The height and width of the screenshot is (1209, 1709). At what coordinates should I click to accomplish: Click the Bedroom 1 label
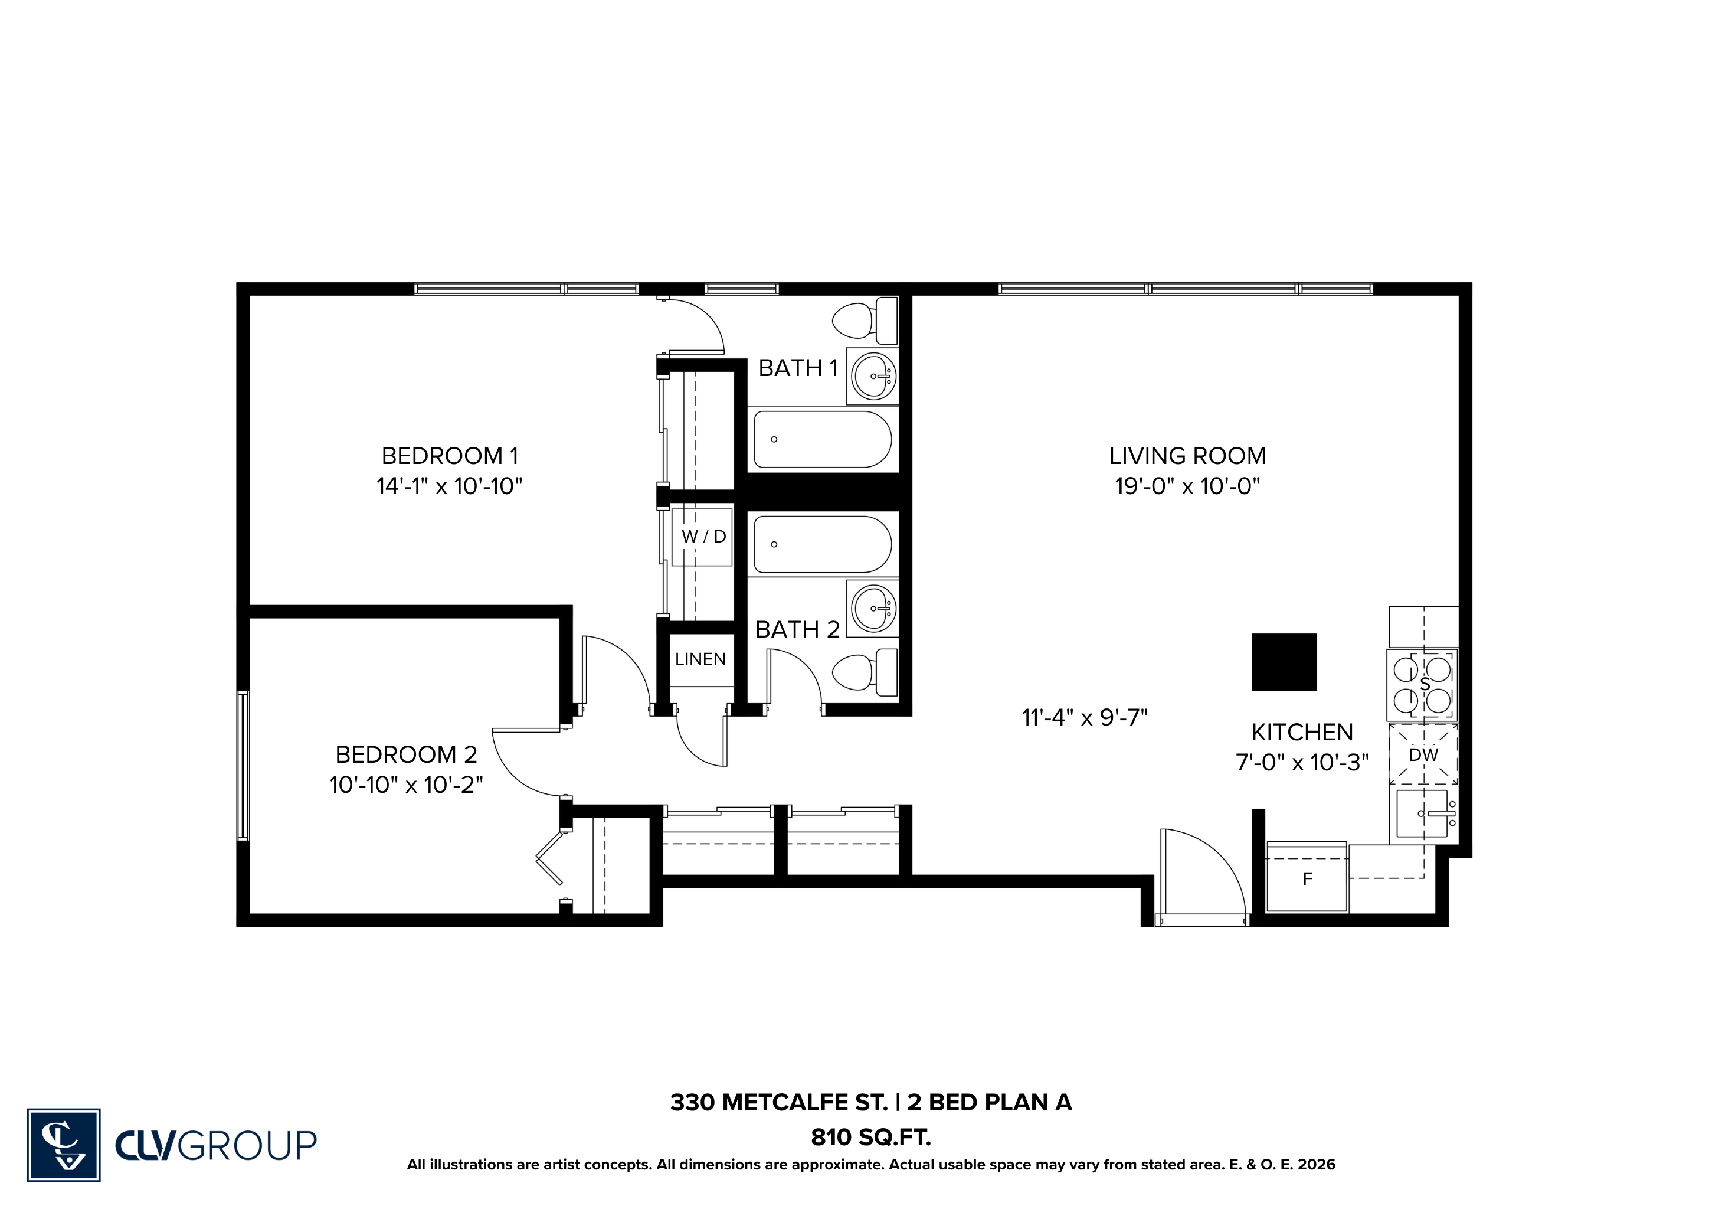click(450, 456)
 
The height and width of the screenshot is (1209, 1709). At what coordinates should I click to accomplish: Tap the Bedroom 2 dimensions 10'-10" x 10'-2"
click(407, 785)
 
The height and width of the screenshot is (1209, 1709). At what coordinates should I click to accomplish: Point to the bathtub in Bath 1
click(823, 439)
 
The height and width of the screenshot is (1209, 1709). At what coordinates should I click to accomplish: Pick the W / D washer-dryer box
click(702, 537)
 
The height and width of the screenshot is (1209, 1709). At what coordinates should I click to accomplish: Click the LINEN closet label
click(700, 659)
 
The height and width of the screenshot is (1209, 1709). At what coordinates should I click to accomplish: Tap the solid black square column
click(1284, 662)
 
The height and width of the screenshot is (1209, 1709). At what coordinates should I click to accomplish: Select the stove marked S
click(1422, 685)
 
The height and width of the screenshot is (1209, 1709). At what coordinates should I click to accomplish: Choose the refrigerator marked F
click(1307, 877)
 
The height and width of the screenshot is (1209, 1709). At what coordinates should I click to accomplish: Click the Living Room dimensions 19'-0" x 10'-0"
click(1187, 486)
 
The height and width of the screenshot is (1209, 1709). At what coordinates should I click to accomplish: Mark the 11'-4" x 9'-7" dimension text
click(1085, 718)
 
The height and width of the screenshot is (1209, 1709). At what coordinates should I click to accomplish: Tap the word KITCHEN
click(1302, 733)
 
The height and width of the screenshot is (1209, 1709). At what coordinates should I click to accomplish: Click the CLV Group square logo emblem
click(64, 1145)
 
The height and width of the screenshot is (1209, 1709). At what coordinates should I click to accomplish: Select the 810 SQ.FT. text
click(871, 1138)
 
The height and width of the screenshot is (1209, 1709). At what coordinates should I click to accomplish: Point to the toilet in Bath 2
click(865, 673)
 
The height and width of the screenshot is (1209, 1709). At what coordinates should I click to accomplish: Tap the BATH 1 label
click(798, 368)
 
